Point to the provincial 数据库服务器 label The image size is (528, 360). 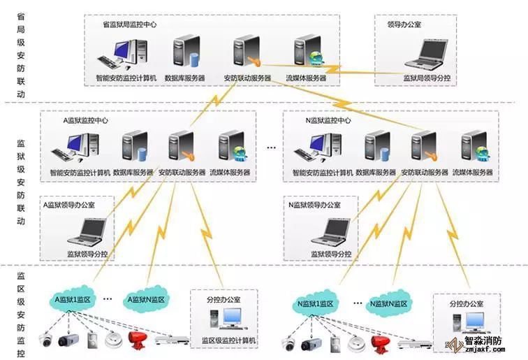[185, 78]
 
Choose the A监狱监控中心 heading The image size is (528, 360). [85, 120]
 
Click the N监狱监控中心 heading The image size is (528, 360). [328, 120]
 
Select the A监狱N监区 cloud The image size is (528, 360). [145, 300]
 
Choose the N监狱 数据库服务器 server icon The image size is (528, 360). [376, 147]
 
